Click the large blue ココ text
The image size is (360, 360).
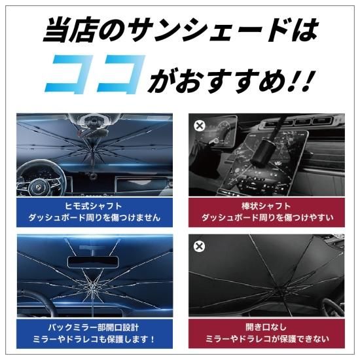(94, 74)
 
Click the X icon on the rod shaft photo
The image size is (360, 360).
(200, 126)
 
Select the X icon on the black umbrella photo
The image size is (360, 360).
(199, 246)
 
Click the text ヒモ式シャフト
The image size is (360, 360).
(93, 206)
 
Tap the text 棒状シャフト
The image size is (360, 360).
(266, 206)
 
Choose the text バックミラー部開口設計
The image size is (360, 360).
(94, 327)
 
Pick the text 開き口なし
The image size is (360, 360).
(266, 327)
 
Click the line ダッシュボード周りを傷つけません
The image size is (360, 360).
(94, 217)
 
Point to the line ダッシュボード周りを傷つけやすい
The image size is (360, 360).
(267, 217)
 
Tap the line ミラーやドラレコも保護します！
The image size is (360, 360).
(94, 339)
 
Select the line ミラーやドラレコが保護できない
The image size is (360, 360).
(267, 339)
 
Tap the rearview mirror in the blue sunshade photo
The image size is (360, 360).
(93, 262)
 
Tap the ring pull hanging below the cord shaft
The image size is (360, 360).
(94, 177)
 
